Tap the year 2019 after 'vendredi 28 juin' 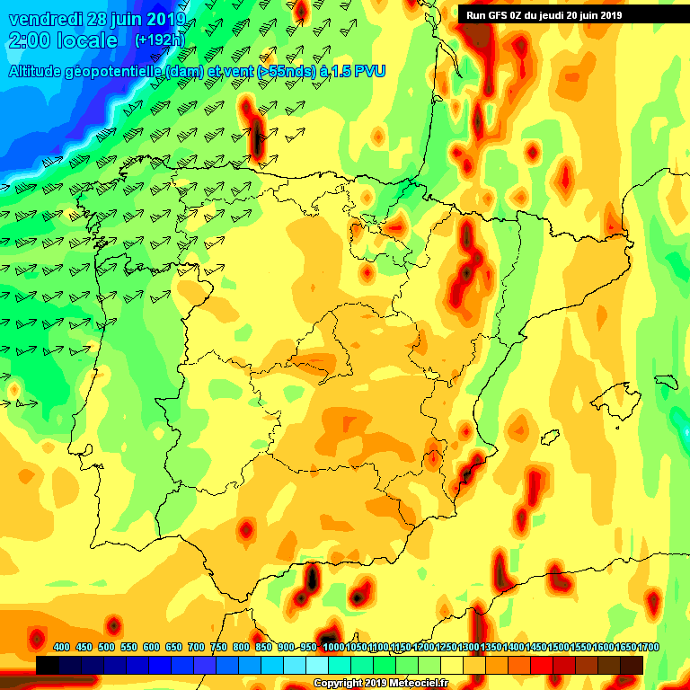coord(161,19)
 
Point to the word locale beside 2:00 coord(88,40)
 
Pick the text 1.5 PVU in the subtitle coord(357,71)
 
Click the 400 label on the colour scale coord(62,648)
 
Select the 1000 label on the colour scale coord(332,648)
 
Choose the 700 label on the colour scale coord(197,648)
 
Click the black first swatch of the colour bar coord(48,665)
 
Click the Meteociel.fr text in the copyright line coord(414,683)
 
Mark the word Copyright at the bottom coord(339,683)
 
